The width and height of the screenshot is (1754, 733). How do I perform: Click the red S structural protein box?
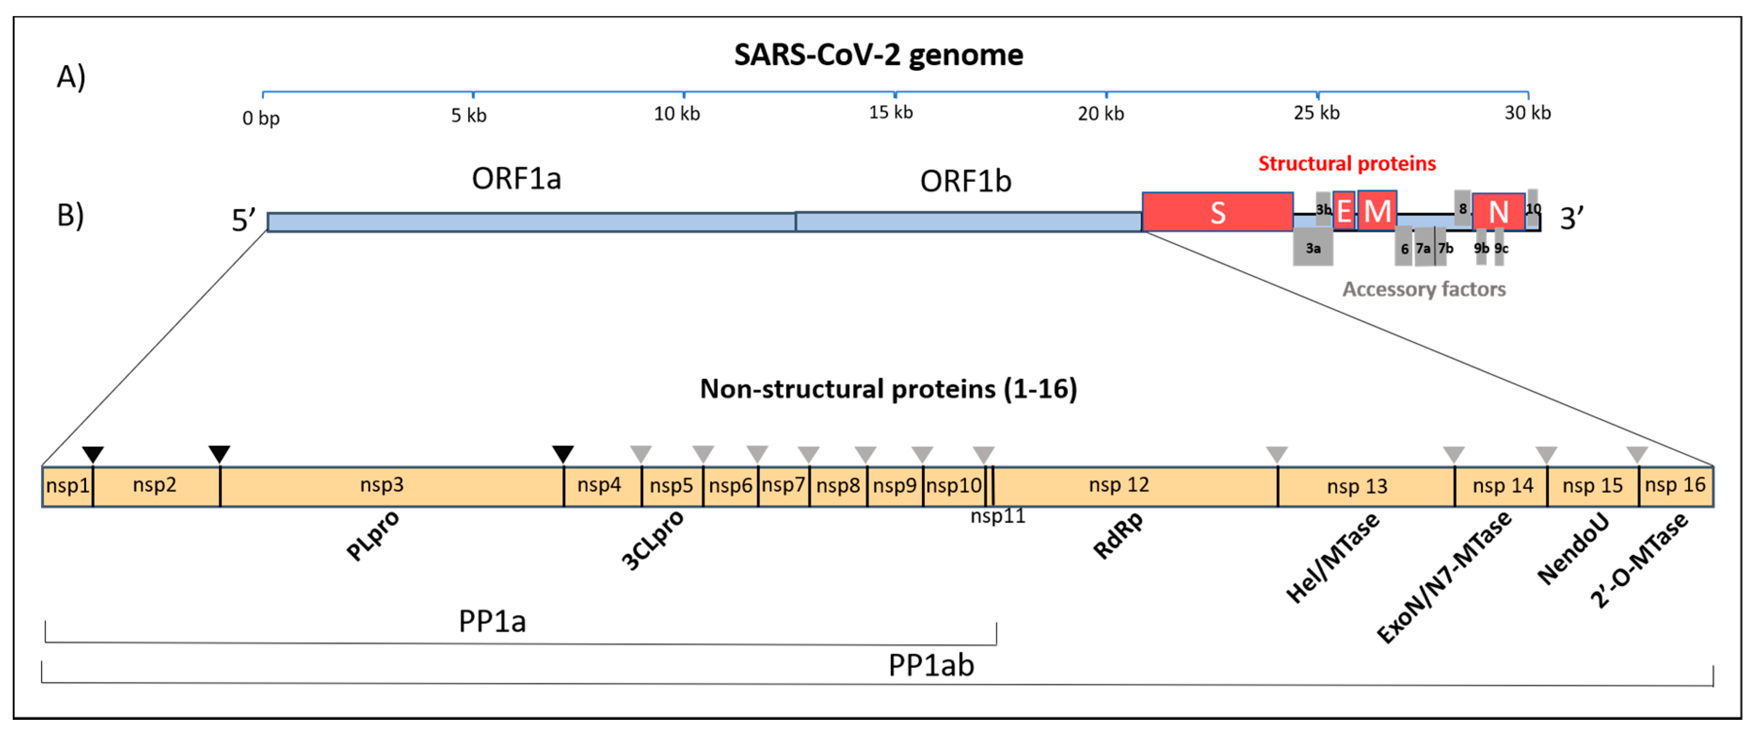[1218, 212]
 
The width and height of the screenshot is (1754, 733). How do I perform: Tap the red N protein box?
[1498, 212]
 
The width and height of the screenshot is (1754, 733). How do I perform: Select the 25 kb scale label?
[1316, 113]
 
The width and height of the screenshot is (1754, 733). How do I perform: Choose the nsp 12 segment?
[1119, 485]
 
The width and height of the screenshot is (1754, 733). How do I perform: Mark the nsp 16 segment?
[1674, 485]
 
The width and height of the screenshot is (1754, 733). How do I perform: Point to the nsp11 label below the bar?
[997, 516]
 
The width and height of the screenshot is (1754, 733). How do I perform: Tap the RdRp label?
[1118, 535]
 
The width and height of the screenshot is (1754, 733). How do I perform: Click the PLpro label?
[373, 535]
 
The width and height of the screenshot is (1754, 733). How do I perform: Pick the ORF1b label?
[965, 181]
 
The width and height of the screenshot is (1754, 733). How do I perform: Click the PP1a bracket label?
[492, 621]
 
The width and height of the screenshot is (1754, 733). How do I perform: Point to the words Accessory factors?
[1423, 290]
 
